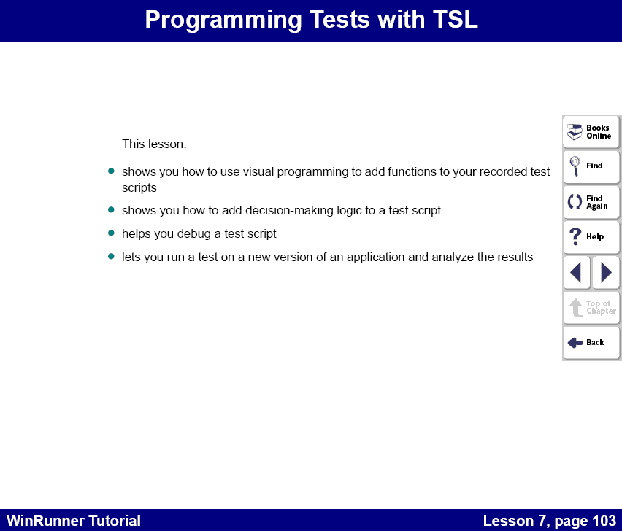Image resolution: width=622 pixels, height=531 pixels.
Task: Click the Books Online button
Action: tap(591, 132)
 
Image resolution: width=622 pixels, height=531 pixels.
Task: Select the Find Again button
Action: tap(591, 202)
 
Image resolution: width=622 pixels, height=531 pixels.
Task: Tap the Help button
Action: tap(591, 237)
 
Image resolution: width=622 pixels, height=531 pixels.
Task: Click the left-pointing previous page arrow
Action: tap(576, 273)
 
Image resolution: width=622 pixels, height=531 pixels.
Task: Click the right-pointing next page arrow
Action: tap(606, 273)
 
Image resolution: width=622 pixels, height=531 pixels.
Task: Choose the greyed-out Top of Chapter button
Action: tap(591, 308)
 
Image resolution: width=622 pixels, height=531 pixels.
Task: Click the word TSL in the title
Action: tap(449, 20)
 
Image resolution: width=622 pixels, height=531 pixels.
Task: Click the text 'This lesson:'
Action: tap(154, 144)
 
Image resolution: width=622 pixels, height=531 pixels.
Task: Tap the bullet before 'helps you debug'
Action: tap(112, 233)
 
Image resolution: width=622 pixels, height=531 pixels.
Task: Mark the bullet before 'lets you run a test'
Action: tap(112, 257)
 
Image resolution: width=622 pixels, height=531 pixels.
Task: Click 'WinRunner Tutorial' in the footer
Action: tap(73, 521)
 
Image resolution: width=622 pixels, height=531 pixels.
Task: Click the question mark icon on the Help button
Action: tap(575, 237)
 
